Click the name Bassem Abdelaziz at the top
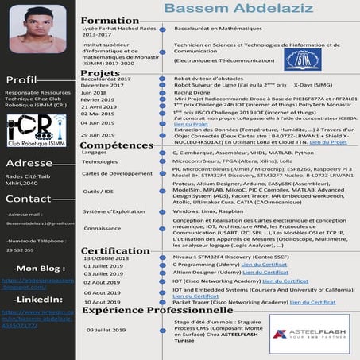pyautogui.click(x=219, y=8)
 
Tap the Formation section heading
pyautogui.click(x=110, y=20)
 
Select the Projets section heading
pyautogui.click(x=101, y=73)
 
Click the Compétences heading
pyautogui.click(x=116, y=145)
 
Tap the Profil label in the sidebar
pyautogui.click(x=21, y=80)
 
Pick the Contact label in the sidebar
pyautogui.click(x=28, y=199)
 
